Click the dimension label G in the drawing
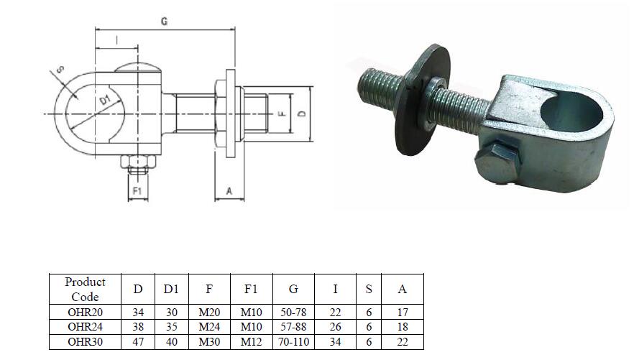click(165, 22)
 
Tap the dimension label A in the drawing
click(229, 191)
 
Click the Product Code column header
click(85, 289)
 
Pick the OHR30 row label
click(85, 342)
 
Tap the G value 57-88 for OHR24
click(293, 327)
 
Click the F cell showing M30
click(208, 342)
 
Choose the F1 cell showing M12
click(251, 342)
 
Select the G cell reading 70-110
click(293, 342)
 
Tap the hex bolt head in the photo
click(495, 162)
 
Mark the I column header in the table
click(335, 289)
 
